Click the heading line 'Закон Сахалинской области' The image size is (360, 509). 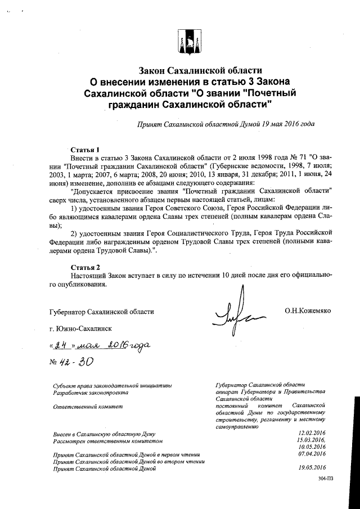(201, 70)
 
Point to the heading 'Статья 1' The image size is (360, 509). (85, 150)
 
